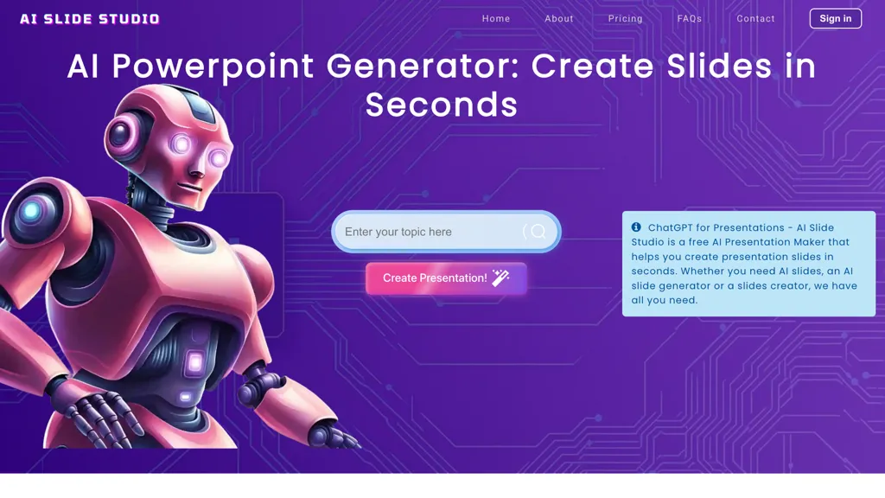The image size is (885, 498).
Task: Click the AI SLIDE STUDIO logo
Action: pos(90,19)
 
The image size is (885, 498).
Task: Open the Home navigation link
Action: pos(496,19)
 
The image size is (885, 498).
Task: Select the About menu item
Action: pos(559,19)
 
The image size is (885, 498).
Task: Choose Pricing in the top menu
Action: pos(626,19)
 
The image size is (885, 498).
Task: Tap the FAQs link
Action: pos(690,19)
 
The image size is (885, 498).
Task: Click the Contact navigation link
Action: pos(756,19)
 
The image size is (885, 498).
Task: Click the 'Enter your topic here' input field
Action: pos(428,232)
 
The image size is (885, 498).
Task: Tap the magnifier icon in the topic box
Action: pos(538,232)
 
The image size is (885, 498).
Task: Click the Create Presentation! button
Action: pos(435,278)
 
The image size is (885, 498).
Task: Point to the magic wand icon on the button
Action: pos(500,278)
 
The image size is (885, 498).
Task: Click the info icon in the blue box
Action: pos(636,227)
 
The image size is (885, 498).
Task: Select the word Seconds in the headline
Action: pos(442,105)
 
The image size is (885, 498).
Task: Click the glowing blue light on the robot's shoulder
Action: pos(32,210)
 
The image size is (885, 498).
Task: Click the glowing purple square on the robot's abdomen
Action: pos(194,363)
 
